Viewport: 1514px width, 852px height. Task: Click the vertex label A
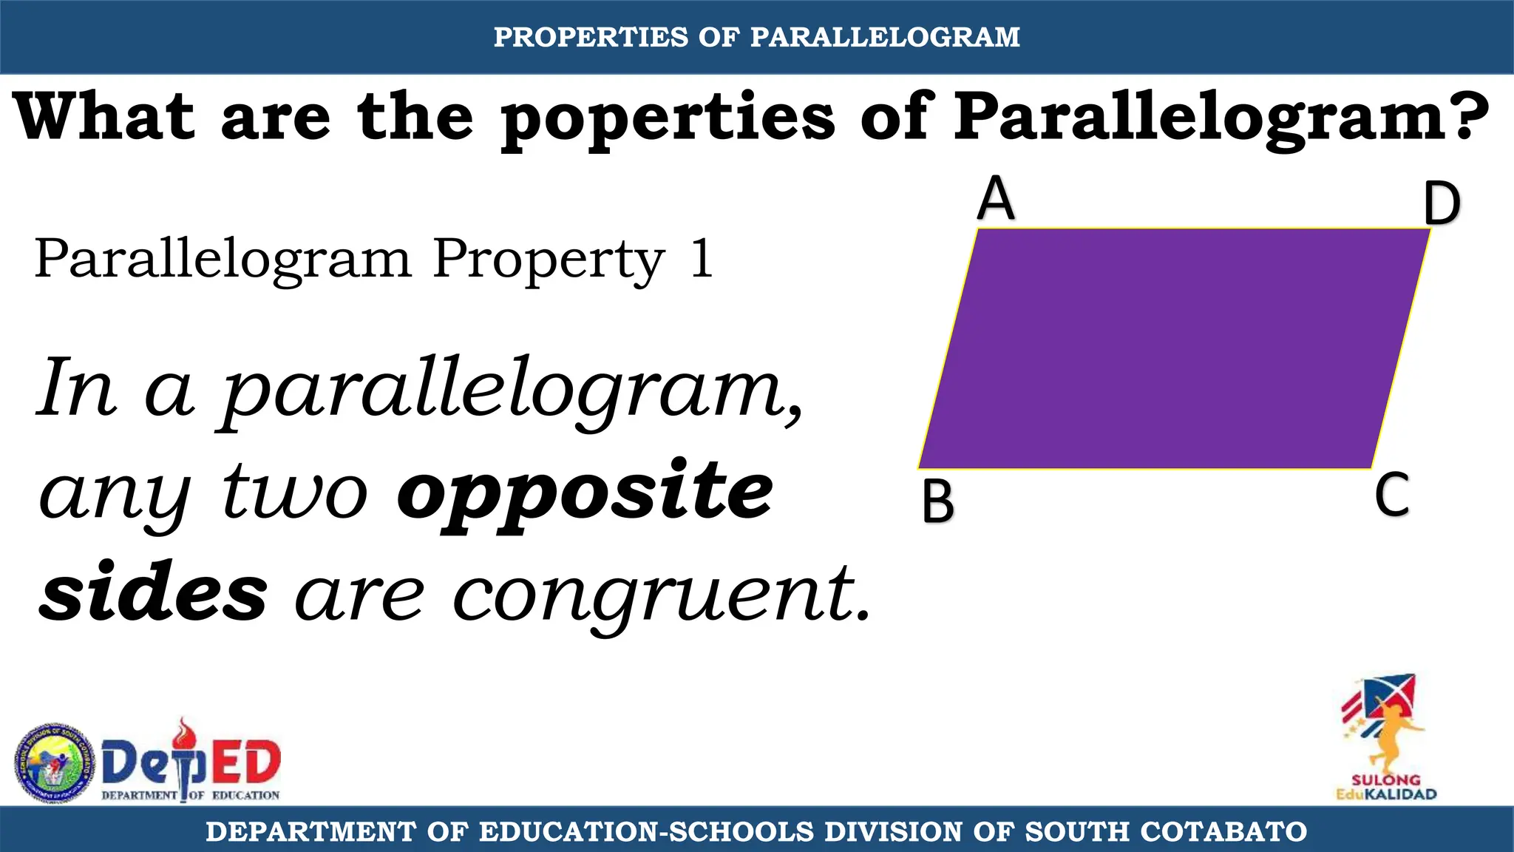(996, 199)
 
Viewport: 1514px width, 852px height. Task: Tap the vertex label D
(1442, 204)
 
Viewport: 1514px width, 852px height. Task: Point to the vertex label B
(938, 502)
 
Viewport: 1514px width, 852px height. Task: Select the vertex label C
(1392, 496)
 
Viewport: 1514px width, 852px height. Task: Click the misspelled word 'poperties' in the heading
(668, 118)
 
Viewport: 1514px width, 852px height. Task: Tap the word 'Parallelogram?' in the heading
(1221, 118)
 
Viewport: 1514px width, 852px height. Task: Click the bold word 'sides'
(153, 594)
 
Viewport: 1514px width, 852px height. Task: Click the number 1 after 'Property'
(702, 260)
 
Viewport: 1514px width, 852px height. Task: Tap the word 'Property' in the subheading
(549, 261)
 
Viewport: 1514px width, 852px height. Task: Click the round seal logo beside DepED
(55, 763)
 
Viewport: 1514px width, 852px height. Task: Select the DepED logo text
(191, 763)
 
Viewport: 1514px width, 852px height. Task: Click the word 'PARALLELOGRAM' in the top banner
(885, 37)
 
